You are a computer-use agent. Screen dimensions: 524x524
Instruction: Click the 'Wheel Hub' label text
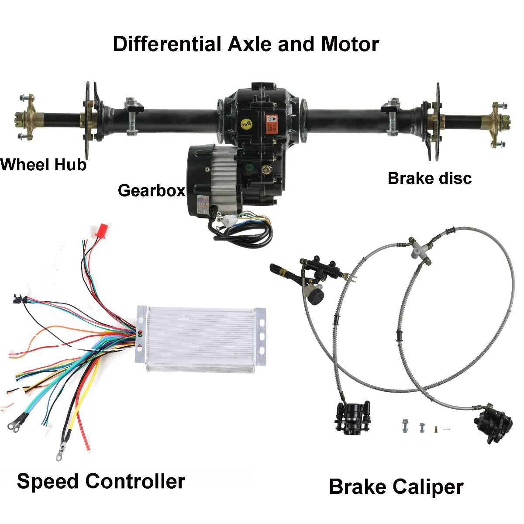[x=43, y=165]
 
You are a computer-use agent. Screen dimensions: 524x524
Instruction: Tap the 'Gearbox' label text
[x=151, y=190]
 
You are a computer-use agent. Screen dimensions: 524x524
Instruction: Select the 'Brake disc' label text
[x=429, y=179]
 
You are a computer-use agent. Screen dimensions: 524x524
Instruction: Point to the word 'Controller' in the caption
[x=135, y=481]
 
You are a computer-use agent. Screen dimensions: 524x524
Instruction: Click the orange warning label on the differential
[x=272, y=123]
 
